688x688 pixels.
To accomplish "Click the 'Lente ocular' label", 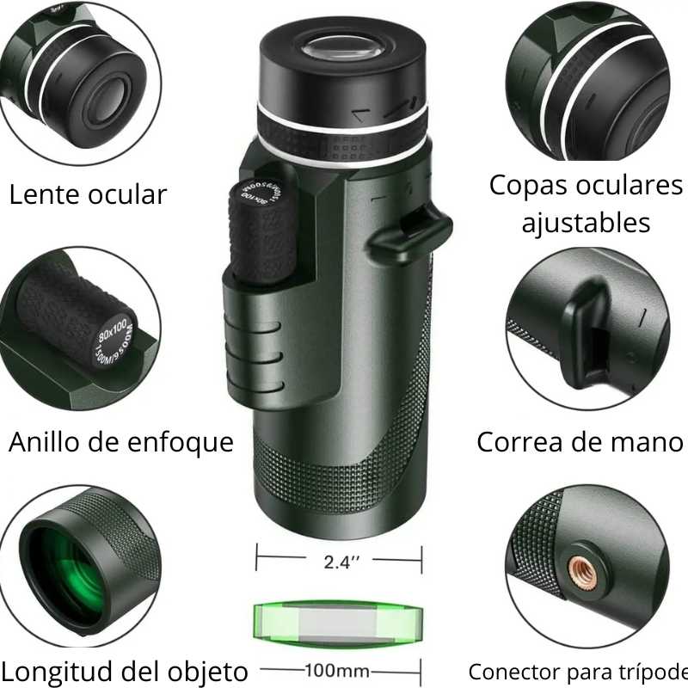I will [88, 194].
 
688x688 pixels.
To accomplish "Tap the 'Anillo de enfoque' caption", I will [121, 442].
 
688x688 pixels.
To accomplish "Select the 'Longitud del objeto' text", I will [125, 670].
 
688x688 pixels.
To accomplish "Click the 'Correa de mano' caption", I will [580, 442].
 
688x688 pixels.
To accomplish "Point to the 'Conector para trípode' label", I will [578, 671].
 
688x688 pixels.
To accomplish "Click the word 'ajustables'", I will [586, 223].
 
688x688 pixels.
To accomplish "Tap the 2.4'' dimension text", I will [341, 562].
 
